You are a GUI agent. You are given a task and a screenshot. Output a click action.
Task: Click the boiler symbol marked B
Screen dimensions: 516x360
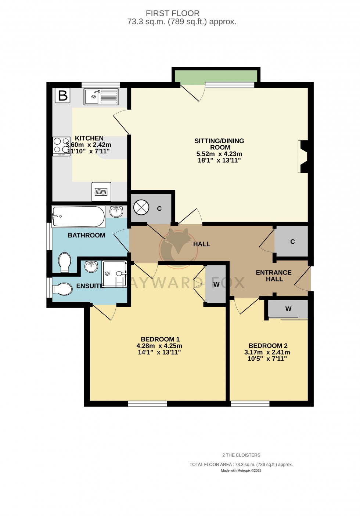[x=62, y=95]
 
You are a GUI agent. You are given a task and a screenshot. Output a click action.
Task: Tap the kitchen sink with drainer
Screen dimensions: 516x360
[x=101, y=97]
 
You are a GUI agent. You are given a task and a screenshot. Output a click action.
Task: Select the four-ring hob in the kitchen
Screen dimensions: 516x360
[x=61, y=146]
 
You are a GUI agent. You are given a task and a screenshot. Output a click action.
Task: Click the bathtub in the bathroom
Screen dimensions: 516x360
[x=78, y=217]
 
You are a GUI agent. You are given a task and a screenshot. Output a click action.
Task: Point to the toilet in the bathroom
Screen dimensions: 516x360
[x=65, y=262]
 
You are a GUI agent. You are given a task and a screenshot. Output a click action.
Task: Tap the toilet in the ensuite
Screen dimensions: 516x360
[x=62, y=289]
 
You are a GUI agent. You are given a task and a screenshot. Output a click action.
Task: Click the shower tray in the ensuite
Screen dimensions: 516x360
[x=114, y=273]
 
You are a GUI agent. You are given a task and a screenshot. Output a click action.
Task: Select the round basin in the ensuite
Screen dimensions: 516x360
[x=91, y=266]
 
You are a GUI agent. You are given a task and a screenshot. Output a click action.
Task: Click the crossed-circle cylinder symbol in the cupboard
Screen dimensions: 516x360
[x=141, y=208]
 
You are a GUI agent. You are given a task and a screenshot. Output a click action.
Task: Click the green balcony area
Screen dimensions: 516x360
[x=216, y=76]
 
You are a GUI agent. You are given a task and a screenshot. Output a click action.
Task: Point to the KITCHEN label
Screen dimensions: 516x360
[x=89, y=138]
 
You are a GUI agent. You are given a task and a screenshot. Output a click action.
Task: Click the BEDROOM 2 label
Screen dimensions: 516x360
[x=268, y=346]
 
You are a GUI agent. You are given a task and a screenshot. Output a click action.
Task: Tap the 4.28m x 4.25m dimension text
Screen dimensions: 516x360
[x=159, y=346]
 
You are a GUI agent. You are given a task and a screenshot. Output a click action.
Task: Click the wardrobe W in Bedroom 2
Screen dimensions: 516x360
[x=288, y=309]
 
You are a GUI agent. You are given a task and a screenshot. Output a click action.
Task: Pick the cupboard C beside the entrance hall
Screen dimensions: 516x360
[x=292, y=241]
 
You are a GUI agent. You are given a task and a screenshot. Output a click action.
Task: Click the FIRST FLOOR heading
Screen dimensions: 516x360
[x=173, y=14]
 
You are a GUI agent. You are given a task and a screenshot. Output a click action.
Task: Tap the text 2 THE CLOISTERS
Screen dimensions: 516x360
[x=241, y=455]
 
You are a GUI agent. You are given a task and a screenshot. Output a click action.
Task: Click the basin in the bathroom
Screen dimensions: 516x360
[x=116, y=211]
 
